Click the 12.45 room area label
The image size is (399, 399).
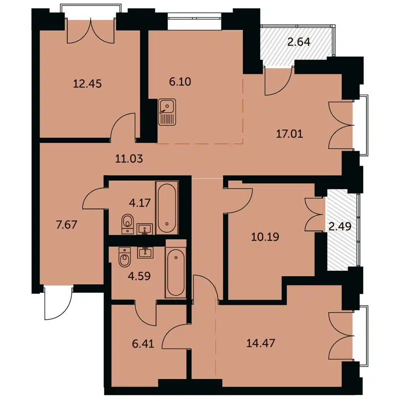tap(87, 84)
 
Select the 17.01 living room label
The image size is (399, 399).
tap(290, 133)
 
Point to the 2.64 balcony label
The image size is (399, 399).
tap(299, 42)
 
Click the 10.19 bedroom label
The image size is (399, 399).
tap(264, 237)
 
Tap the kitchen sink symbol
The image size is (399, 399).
tap(167, 112)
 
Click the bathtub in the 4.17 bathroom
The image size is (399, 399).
tap(166, 208)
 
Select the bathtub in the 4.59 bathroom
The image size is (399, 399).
tap(176, 274)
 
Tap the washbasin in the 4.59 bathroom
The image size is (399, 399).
tap(146, 252)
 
